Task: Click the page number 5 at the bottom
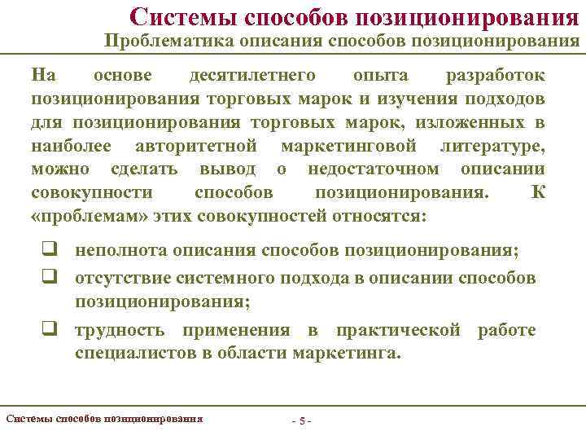click(302, 421)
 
